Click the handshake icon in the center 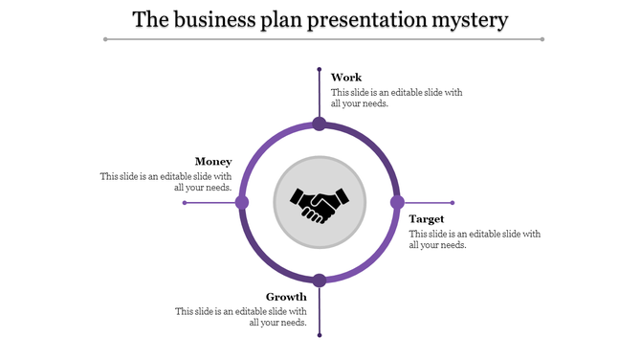[320, 203]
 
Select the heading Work [346, 77]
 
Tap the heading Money [213, 161]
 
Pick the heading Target [427, 218]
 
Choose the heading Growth [286, 296]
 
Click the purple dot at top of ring [320, 124]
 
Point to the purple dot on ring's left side [242, 202]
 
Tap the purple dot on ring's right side [397, 202]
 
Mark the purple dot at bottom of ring [320, 280]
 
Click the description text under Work [396, 98]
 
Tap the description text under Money [166, 182]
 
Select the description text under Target [475, 238]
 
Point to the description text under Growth [241, 317]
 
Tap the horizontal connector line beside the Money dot [210, 202]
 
